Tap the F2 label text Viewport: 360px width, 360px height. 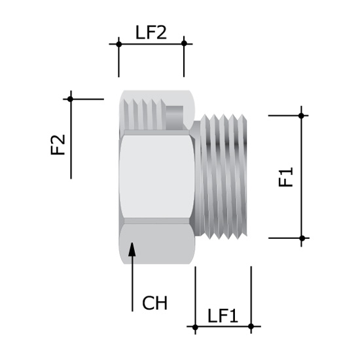59,145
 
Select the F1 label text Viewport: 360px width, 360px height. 286,177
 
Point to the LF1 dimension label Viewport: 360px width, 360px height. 223,315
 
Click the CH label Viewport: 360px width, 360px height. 155,303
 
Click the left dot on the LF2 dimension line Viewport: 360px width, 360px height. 118,44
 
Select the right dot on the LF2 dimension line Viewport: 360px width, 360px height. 184,44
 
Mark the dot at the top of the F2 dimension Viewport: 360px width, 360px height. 71,99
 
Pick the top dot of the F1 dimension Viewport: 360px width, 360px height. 302,115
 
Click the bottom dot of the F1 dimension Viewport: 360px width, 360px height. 302,238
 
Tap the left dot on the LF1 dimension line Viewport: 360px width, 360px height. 195,326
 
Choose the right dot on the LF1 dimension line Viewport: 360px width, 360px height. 251,326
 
